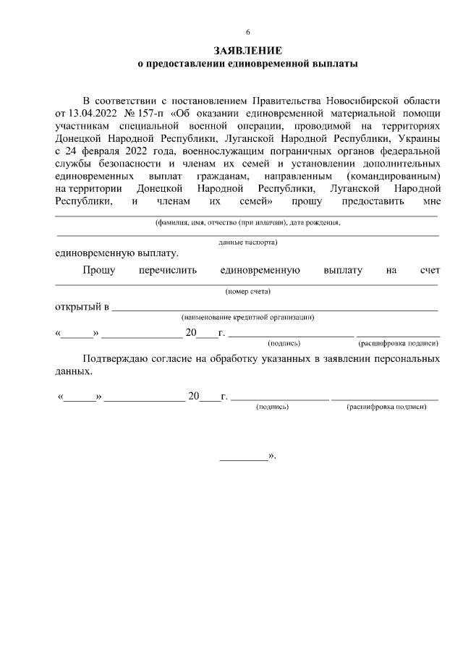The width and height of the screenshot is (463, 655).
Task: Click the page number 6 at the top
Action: point(247,33)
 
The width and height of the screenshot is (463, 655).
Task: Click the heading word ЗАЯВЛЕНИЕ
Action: point(247,51)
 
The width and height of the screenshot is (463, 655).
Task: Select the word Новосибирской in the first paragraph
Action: point(359,100)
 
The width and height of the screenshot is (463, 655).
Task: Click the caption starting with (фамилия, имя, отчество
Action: point(247,223)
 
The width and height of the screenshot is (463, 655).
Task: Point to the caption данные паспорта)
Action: point(247,242)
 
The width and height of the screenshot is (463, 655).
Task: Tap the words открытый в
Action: point(82,307)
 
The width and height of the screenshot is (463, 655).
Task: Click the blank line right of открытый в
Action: point(275,309)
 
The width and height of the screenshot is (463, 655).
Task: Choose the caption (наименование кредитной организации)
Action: point(247,317)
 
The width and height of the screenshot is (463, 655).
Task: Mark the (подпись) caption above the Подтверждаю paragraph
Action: point(284,344)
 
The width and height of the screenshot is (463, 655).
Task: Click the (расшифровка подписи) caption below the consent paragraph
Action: point(386,407)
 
